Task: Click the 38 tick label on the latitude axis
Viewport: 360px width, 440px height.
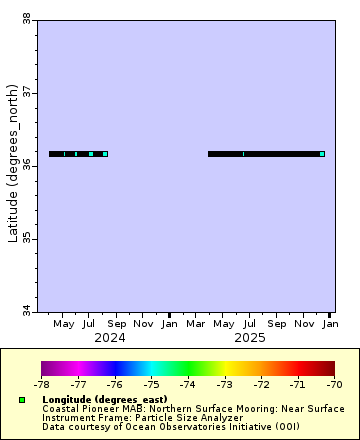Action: (x=26, y=18)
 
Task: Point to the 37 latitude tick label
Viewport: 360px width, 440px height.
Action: (x=26, y=92)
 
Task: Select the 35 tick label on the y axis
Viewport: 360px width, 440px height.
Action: (x=26, y=239)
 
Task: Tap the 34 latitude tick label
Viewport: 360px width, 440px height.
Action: (x=26, y=312)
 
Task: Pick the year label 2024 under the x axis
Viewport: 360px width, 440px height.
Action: (x=110, y=338)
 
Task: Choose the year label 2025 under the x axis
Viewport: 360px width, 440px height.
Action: (x=250, y=338)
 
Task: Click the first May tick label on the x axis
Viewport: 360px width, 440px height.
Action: (x=63, y=324)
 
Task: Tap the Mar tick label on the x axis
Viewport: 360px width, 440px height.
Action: (x=197, y=324)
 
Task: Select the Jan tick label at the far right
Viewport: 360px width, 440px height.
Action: (x=330, y=324)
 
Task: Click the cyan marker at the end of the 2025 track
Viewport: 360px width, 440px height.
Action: (x=322, y=154)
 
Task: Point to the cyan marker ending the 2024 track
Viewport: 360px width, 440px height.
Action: (x=105, y=154)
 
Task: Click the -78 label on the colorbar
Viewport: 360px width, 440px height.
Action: (x=42, y=383)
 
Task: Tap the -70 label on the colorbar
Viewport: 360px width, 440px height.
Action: (x=334, y=383)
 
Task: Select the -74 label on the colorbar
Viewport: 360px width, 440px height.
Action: (x=188, y=383)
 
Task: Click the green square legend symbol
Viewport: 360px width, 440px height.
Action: (x=21, y=400)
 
